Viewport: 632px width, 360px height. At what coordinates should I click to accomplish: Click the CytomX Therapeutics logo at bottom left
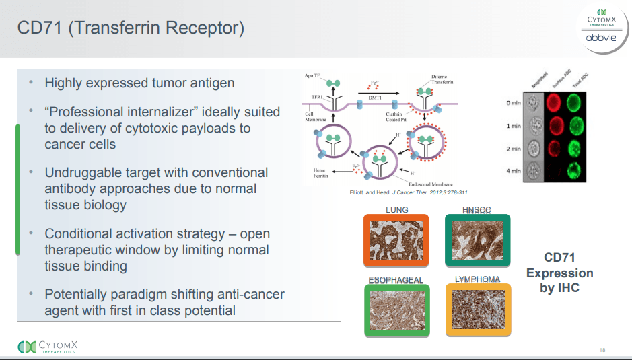pos(48,347)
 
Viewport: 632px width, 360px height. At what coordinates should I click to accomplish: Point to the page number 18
pos(602,350)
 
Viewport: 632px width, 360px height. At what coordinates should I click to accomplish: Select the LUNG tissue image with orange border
pos(396,240)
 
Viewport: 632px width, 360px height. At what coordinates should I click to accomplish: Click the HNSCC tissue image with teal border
pos(477,240)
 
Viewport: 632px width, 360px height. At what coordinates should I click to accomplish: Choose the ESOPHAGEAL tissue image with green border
pos(396,309)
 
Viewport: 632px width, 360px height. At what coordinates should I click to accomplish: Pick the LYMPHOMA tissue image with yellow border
pos(478,309)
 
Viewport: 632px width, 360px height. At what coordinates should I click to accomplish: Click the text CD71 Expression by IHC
pos(559,273)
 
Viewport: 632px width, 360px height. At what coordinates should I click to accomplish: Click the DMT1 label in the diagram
pos(375,98)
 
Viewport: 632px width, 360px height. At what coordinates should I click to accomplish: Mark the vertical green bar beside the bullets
pos(17,190)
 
